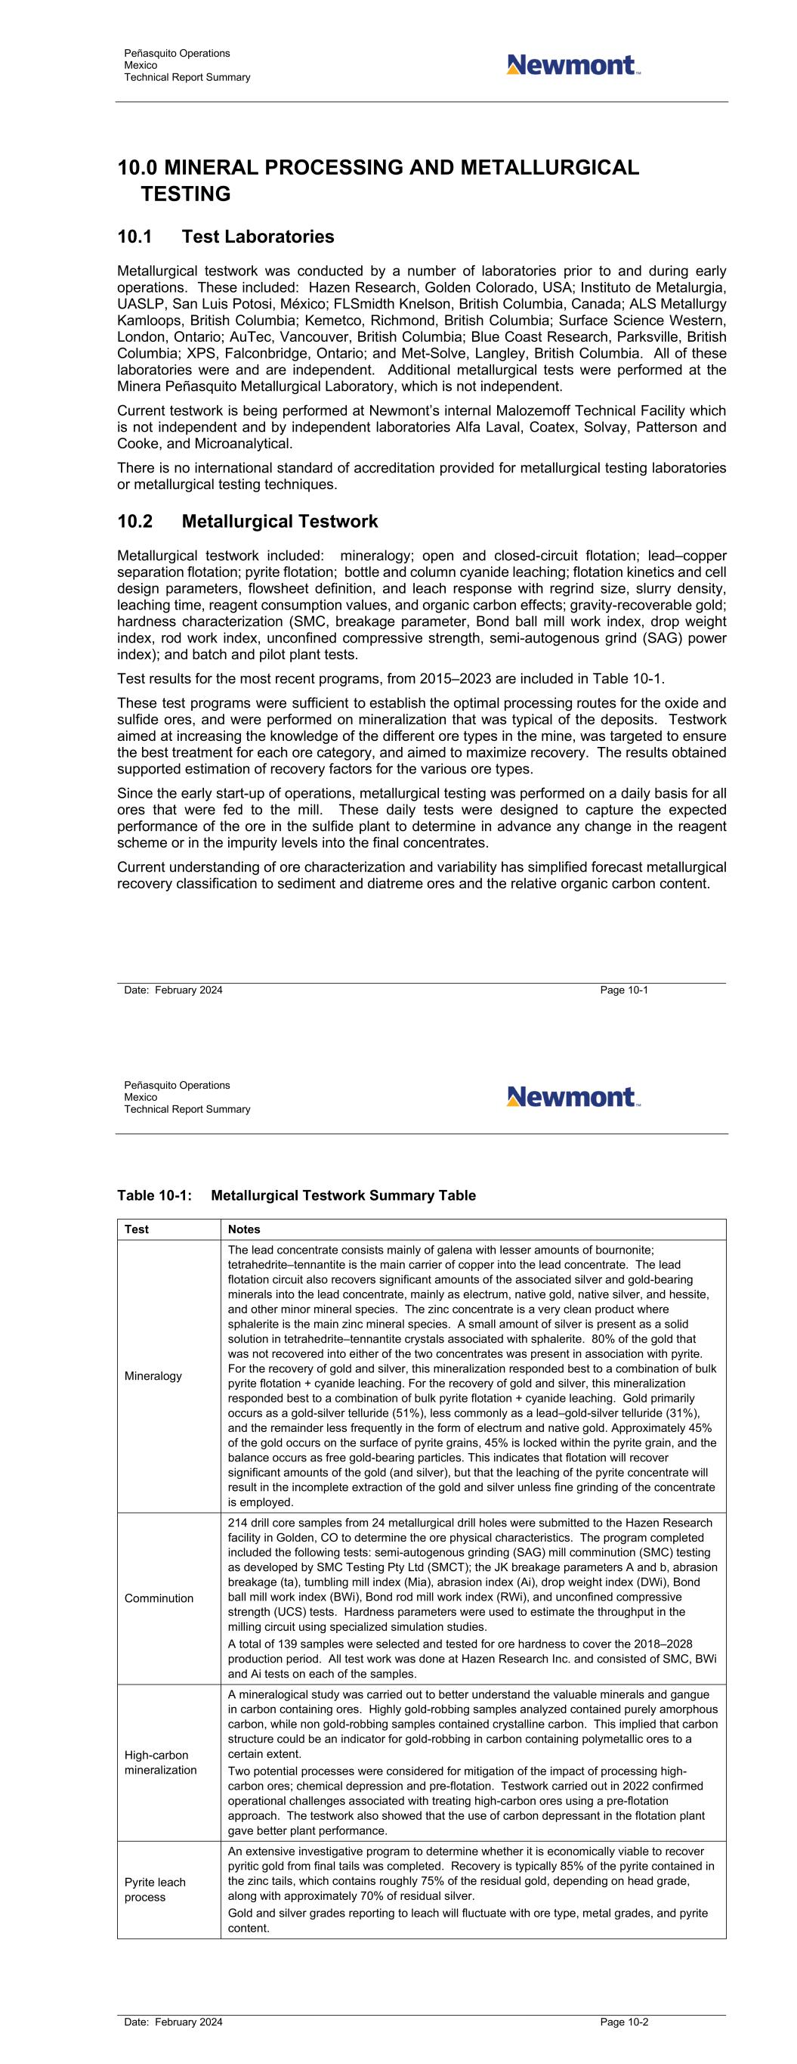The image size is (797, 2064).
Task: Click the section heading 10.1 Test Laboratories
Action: [225, 237]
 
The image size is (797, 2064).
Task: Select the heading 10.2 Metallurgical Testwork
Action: [247, 522]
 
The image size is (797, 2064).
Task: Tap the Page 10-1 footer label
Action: [624, 990]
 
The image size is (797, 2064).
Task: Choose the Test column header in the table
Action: [137, 1229]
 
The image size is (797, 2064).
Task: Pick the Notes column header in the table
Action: [243, 1229]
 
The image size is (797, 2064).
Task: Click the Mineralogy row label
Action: [153, 1376]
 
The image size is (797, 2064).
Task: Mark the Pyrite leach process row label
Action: [155, 1889]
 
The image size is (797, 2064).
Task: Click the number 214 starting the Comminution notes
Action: [238, 1523]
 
